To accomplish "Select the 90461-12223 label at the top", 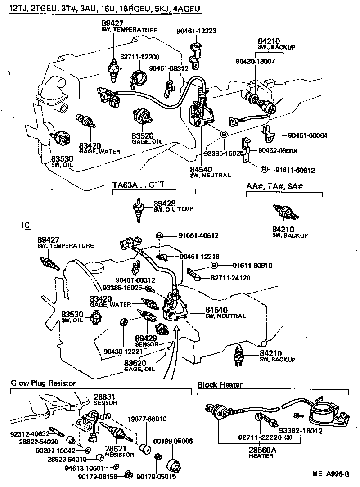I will tap(198, 31).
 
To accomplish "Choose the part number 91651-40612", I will tap(198, 235).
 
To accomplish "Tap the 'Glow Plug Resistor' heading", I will tap(43, 383).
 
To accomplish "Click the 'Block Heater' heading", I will tap(220, 384).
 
